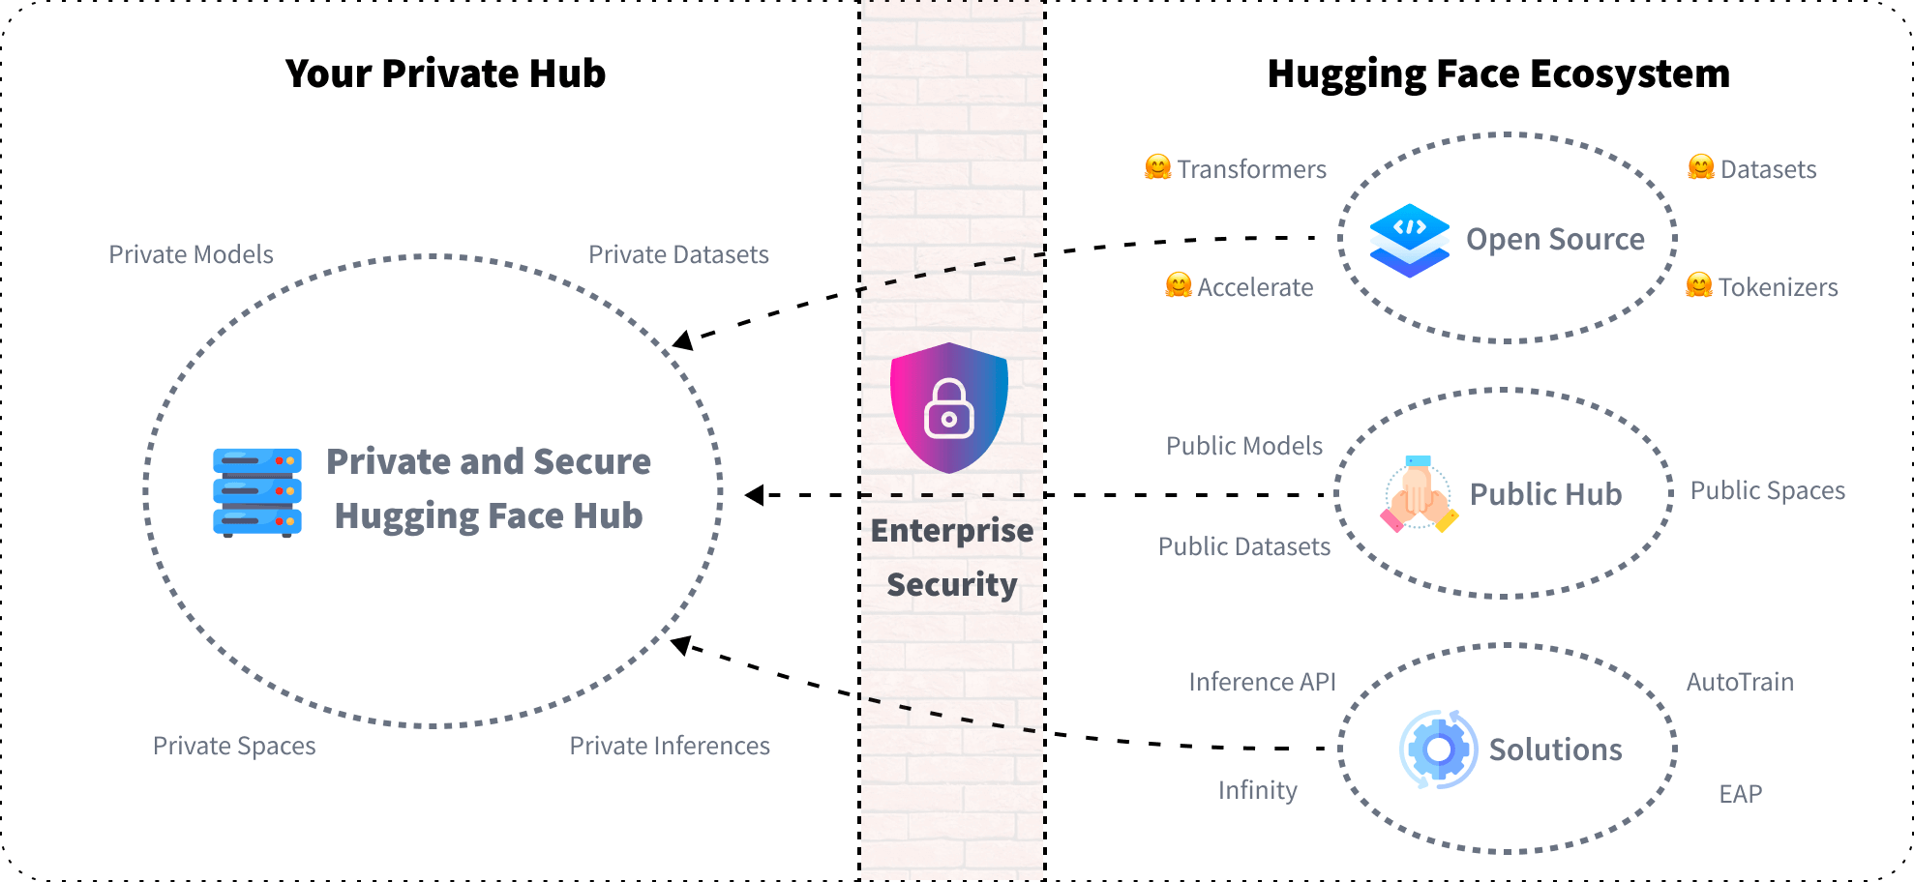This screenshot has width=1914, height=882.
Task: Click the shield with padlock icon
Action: (949, 407)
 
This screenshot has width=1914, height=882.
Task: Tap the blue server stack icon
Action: (257, 491)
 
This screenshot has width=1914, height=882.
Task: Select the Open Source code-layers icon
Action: (1410, 240)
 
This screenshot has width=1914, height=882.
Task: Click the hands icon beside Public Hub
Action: (1419, 494)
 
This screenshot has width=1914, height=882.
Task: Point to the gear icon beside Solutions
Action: (1438, 750)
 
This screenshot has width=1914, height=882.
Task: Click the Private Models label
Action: (191, 254)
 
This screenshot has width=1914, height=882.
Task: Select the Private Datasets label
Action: (678, 254)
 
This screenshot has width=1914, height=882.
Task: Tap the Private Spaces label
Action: (234, 746)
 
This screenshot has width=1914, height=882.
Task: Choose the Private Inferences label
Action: (670, 746)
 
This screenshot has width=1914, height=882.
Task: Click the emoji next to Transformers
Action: (1157, 167)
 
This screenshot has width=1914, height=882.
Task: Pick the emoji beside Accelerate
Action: (1178, 285)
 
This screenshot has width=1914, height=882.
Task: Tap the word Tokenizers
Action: (1778, 287)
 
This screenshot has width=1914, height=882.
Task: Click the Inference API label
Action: (1262, 682)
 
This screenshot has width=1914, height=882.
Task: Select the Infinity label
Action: (1257, 790)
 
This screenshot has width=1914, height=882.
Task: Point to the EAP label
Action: (1740, 794)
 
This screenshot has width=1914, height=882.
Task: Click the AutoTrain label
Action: (1740, 682)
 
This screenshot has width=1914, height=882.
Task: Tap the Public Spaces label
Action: (1767, 490)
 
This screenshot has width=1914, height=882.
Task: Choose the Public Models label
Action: (1243, 446)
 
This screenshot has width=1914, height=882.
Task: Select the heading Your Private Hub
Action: (445, 74)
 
